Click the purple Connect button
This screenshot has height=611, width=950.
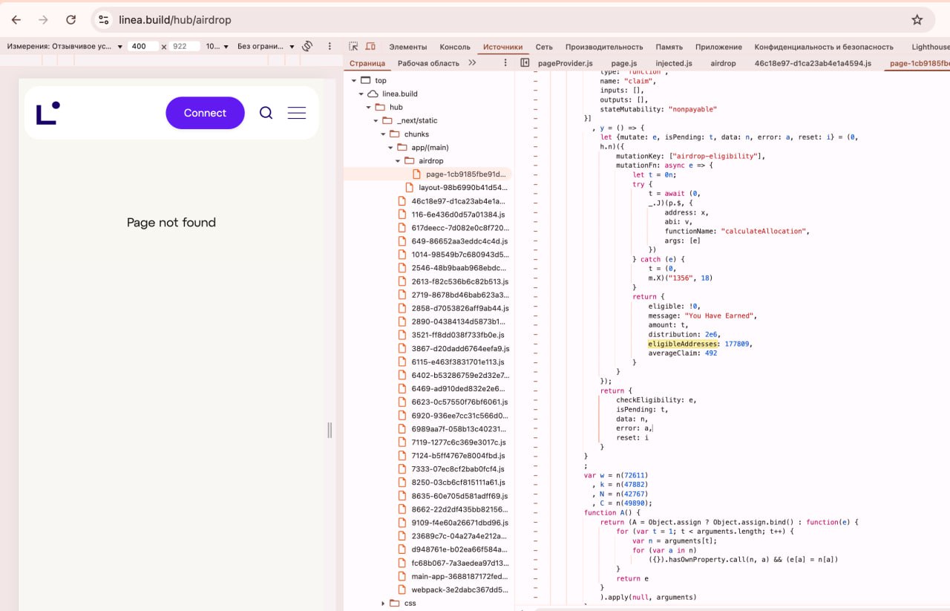point(205,113)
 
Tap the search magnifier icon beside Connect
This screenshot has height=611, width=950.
point(266,113)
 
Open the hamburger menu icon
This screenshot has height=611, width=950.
point(296,113)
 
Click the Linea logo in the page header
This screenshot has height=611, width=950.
point(48,113)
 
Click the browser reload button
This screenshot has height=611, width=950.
point(71,19)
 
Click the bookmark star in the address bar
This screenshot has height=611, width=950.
point(917,19)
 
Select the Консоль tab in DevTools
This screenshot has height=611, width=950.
point(455,47)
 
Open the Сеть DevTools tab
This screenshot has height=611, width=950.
point(544,47)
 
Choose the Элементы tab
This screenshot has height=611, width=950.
point(407,47)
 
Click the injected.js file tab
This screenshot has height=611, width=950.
point(673,63)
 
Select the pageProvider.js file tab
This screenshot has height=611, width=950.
point(565,63)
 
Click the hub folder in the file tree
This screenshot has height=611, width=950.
point(396,107)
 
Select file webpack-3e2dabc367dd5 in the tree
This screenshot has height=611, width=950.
point(459,589)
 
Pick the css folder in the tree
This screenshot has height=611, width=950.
point(410,603)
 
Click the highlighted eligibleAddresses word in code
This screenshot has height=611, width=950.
point(682,344)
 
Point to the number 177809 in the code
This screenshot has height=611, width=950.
point(737,344)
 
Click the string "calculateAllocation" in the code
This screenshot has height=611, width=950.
point(763,231)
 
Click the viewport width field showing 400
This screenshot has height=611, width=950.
point(142,46)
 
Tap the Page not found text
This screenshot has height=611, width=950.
point(171,222)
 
